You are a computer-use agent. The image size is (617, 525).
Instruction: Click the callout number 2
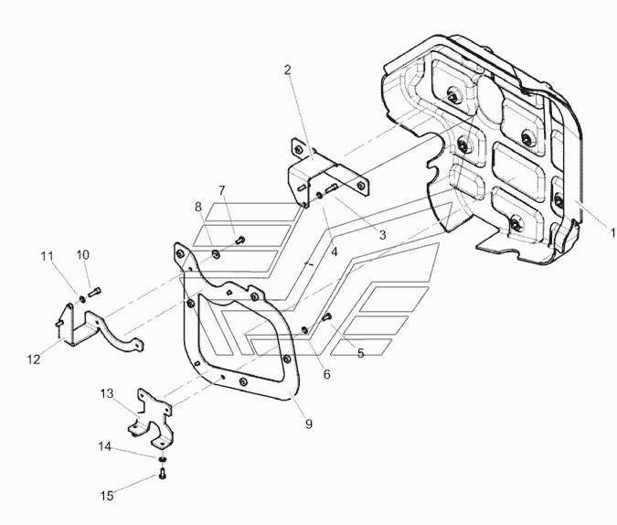pos(288,70)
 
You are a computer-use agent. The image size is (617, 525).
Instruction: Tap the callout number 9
pos(309,424)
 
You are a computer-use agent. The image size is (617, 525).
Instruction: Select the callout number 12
pos(34,359)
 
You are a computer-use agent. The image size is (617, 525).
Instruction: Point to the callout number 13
pos(107,393)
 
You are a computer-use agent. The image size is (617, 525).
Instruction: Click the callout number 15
pos(107,496)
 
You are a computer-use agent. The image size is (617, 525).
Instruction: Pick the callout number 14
pos(105,446)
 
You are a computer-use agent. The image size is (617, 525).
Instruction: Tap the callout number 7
pos(222,190)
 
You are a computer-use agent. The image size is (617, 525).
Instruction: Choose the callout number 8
pos(198,207)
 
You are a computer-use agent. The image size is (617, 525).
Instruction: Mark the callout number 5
pos(361,353)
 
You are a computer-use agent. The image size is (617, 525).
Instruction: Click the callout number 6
pos(327,374)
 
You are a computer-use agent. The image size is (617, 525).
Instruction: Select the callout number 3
pos(382,235)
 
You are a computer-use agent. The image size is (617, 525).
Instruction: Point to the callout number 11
pos(48,256)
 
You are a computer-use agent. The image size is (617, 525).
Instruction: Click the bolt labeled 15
pos(163,473)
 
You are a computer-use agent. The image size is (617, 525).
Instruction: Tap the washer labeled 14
pos(162,459)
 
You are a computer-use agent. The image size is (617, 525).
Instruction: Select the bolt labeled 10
pos(94,293)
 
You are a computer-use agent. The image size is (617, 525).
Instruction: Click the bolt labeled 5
pos(327,316)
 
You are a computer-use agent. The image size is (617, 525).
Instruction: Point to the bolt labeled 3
pos(331,188)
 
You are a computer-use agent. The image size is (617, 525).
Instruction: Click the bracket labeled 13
pos(151,418)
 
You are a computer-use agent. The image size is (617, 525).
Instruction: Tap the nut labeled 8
pos(216,254)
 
